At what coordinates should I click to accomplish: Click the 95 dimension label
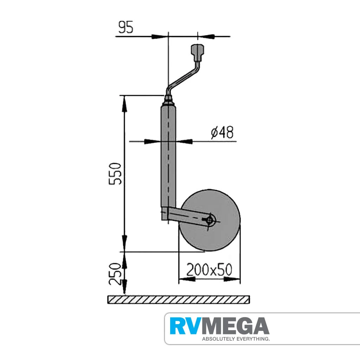coord(126,27)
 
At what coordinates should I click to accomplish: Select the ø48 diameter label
coord(222,133)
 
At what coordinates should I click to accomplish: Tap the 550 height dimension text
coord(115,174)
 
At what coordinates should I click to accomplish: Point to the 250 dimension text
coord(115,274)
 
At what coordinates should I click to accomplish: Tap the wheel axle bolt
coord(210,220)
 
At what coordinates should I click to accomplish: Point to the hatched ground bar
coord(178,299)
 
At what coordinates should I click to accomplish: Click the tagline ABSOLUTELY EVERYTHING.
coord(236,339)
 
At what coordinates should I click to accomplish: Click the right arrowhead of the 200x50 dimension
coord(232,280)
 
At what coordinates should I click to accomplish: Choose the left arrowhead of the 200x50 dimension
coord(187,280)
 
